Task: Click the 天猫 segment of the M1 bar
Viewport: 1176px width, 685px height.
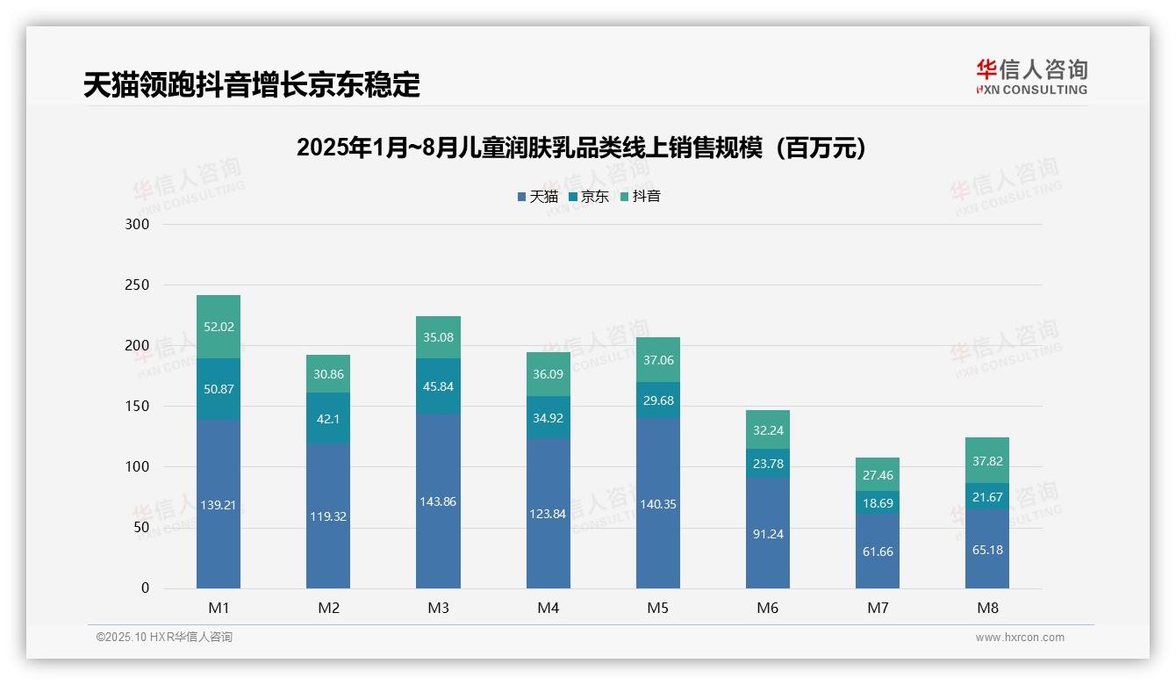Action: tap(219, 504)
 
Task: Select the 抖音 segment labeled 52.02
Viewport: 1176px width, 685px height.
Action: tap(219, 327)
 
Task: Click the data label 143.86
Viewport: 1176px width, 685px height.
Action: tap(438, 501)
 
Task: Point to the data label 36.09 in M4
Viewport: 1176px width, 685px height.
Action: tap(548, 374)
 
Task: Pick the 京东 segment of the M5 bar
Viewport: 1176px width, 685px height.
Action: tap(657, 400)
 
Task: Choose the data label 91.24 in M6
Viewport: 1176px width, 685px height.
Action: tap(768, 534)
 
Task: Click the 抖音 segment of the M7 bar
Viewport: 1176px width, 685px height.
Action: tap(878, 474)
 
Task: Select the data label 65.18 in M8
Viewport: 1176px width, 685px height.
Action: tap(987, 550)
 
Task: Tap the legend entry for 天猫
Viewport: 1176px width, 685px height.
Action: tap(538, 197)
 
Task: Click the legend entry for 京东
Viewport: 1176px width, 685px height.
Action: tap(589, 197)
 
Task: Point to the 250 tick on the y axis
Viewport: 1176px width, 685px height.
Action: tap(138, 285)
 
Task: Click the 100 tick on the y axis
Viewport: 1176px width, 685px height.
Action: tap(138, 467)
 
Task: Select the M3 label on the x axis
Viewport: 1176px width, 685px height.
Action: tap(438, 608)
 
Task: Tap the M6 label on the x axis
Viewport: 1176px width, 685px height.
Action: tap(768, 608)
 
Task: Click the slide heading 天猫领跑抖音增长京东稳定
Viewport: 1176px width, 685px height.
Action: tap(252, 84)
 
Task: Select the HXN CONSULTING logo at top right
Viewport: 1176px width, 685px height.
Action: tap(1031, 76)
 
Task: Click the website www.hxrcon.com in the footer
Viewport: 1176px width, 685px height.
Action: tap(1020, 638)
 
